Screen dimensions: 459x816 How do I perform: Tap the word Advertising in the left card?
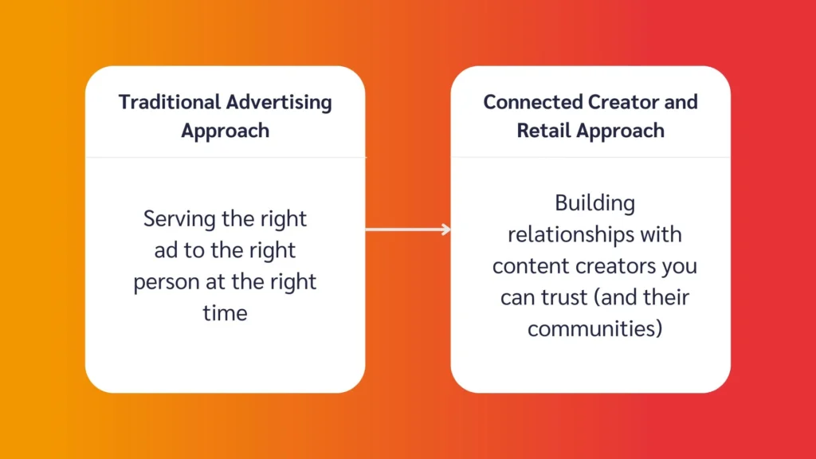(279, 102)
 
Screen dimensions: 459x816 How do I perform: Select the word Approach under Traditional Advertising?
(225, 130)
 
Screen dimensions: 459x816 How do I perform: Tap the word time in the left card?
(225, 313)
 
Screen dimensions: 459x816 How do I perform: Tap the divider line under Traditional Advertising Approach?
(225, 157)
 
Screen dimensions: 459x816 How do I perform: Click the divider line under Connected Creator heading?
(590, 157)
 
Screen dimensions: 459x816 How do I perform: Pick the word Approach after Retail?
(624, 130)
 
